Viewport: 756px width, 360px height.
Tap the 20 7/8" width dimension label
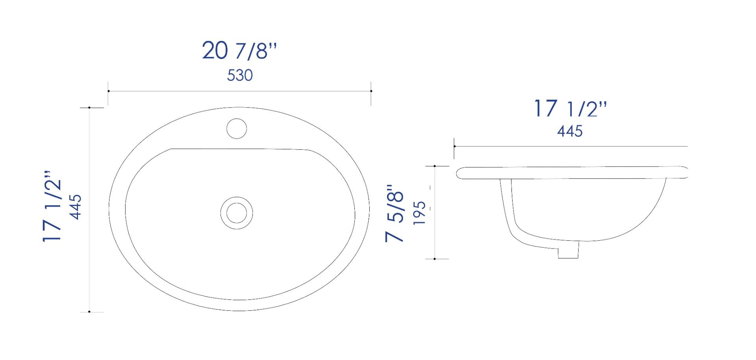[239, 51]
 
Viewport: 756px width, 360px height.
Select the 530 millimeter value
[239, 75]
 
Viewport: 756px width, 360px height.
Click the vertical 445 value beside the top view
[75, 207]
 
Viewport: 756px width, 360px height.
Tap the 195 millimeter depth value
[420, 213]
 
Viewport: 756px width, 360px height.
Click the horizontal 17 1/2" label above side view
[570, 108]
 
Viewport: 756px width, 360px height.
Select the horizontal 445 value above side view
[570, 131]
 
